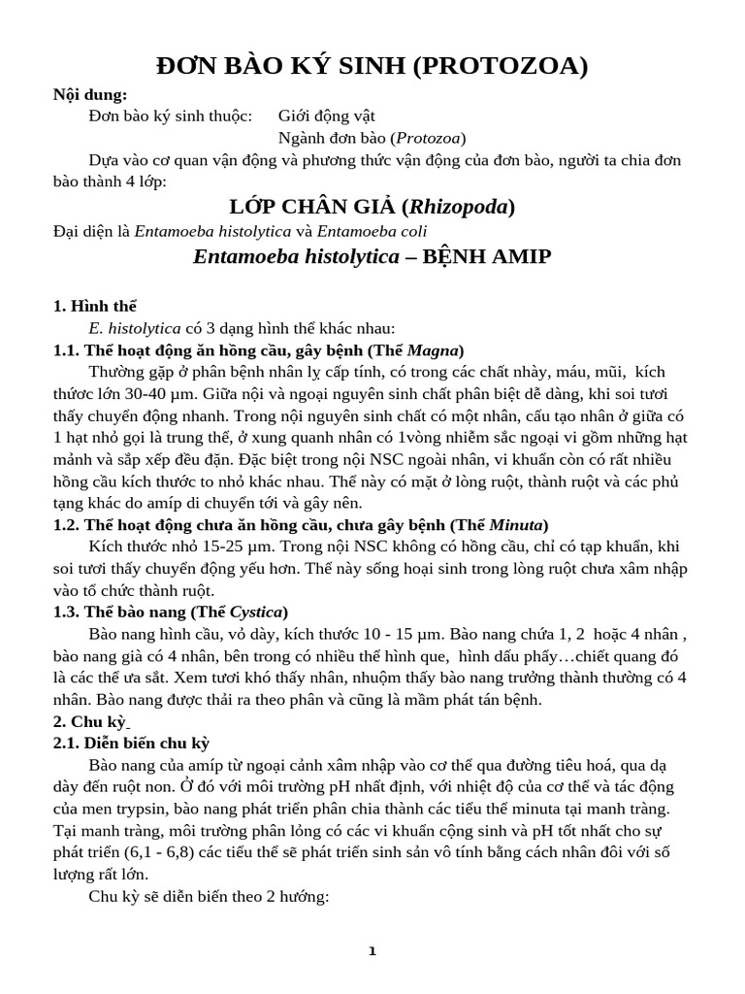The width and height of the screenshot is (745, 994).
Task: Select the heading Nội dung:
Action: coord(90,94)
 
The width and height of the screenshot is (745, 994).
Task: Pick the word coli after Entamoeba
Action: coord(410,231)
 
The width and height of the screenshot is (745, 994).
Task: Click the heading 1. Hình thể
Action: coord(95,306)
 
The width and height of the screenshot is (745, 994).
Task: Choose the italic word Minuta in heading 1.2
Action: coord(518,524)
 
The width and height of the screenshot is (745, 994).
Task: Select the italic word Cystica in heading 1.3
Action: coord(256,612)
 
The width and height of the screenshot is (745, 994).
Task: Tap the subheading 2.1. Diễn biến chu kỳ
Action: coord(131,744)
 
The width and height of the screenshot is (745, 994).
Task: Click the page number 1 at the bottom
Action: coord(372,951)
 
